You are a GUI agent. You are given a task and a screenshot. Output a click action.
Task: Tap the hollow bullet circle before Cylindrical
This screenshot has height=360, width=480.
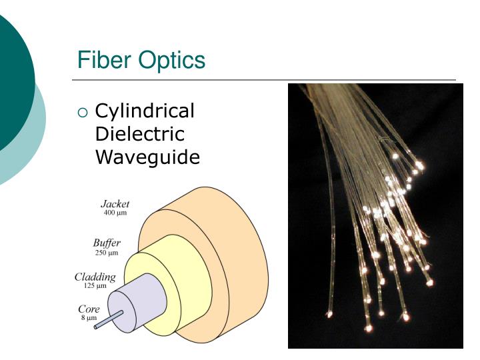point(83,113)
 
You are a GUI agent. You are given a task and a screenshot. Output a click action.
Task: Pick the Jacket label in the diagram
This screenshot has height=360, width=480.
point(115,204)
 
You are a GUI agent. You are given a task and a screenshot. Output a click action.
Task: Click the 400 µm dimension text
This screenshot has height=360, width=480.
point(115,213)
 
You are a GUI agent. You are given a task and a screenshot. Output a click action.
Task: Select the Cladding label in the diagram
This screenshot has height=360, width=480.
point(95,277)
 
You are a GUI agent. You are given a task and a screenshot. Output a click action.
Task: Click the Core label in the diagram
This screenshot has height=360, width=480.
point(89,309)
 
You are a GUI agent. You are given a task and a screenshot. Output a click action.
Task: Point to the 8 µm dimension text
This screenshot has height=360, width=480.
point(89,318)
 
